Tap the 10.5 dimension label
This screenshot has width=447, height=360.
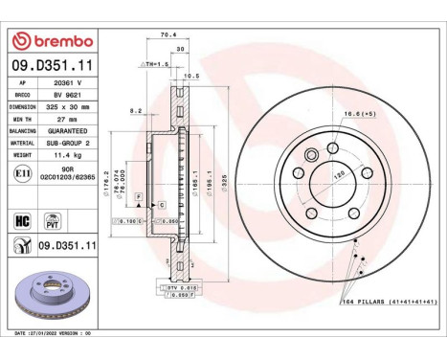pyautogui.click(x=190, y=75)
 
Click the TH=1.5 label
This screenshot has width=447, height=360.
pyautogui.click(x=157, y=63)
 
